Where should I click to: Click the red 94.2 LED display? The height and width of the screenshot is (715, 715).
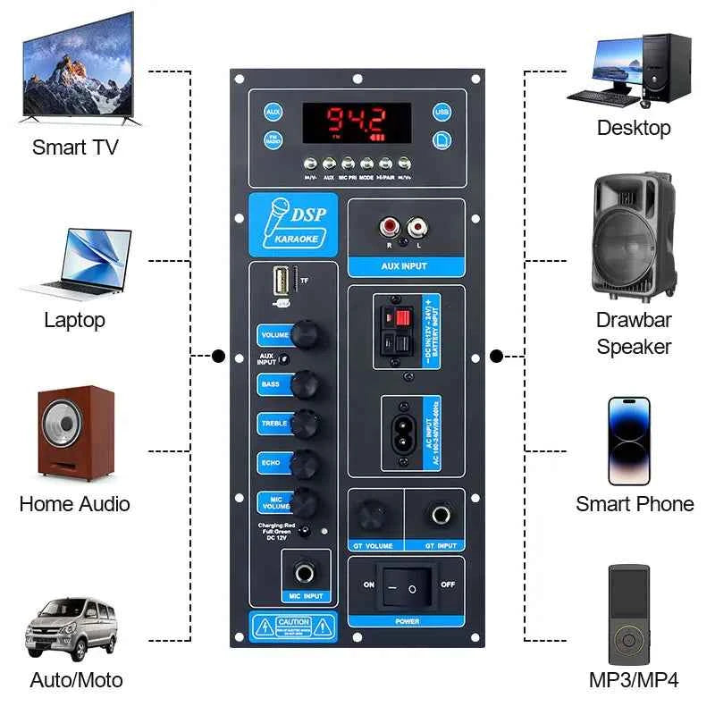coord(356,122)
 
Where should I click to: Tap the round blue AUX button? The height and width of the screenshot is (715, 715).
coord(273,112)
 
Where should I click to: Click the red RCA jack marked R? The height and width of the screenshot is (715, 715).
coord(391,229)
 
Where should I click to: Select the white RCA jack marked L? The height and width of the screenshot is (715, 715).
coord(416,229)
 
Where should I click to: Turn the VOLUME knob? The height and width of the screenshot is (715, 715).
coord(307,335)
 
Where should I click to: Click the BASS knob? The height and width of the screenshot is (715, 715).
coord(307,383)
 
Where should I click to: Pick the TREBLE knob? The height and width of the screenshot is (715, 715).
coord(307,421)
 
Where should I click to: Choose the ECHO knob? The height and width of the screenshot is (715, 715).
coord(307,461)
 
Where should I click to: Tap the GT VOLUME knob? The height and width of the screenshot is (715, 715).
coord(367,516)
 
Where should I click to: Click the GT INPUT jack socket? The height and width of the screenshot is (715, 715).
coord(440,516)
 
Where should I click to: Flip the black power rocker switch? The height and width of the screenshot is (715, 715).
coord(403,587)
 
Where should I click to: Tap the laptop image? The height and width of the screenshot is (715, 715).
coord(75,263)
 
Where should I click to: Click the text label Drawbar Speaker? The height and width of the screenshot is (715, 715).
coord(634,332)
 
